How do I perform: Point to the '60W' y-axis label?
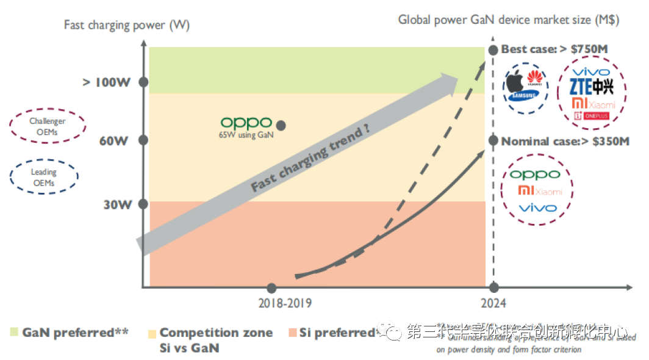click(x=114, y=141)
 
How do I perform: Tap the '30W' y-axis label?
click(x=117, y=204)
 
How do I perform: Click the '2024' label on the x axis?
click(x=493, y=303)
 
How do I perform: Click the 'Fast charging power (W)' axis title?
click(x=127, y=25)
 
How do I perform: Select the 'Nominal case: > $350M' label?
click(x=565, y=142)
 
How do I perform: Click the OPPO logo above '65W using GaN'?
click(x=246, y=123)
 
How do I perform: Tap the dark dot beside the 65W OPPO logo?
click(x=281, y=124)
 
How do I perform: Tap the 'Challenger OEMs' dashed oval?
click(x=48, y=126)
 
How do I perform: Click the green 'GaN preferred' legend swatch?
click(x=14, y=333)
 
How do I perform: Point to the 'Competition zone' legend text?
click(x=216, y=333)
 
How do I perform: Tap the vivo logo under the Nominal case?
click(x=537, y=208)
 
